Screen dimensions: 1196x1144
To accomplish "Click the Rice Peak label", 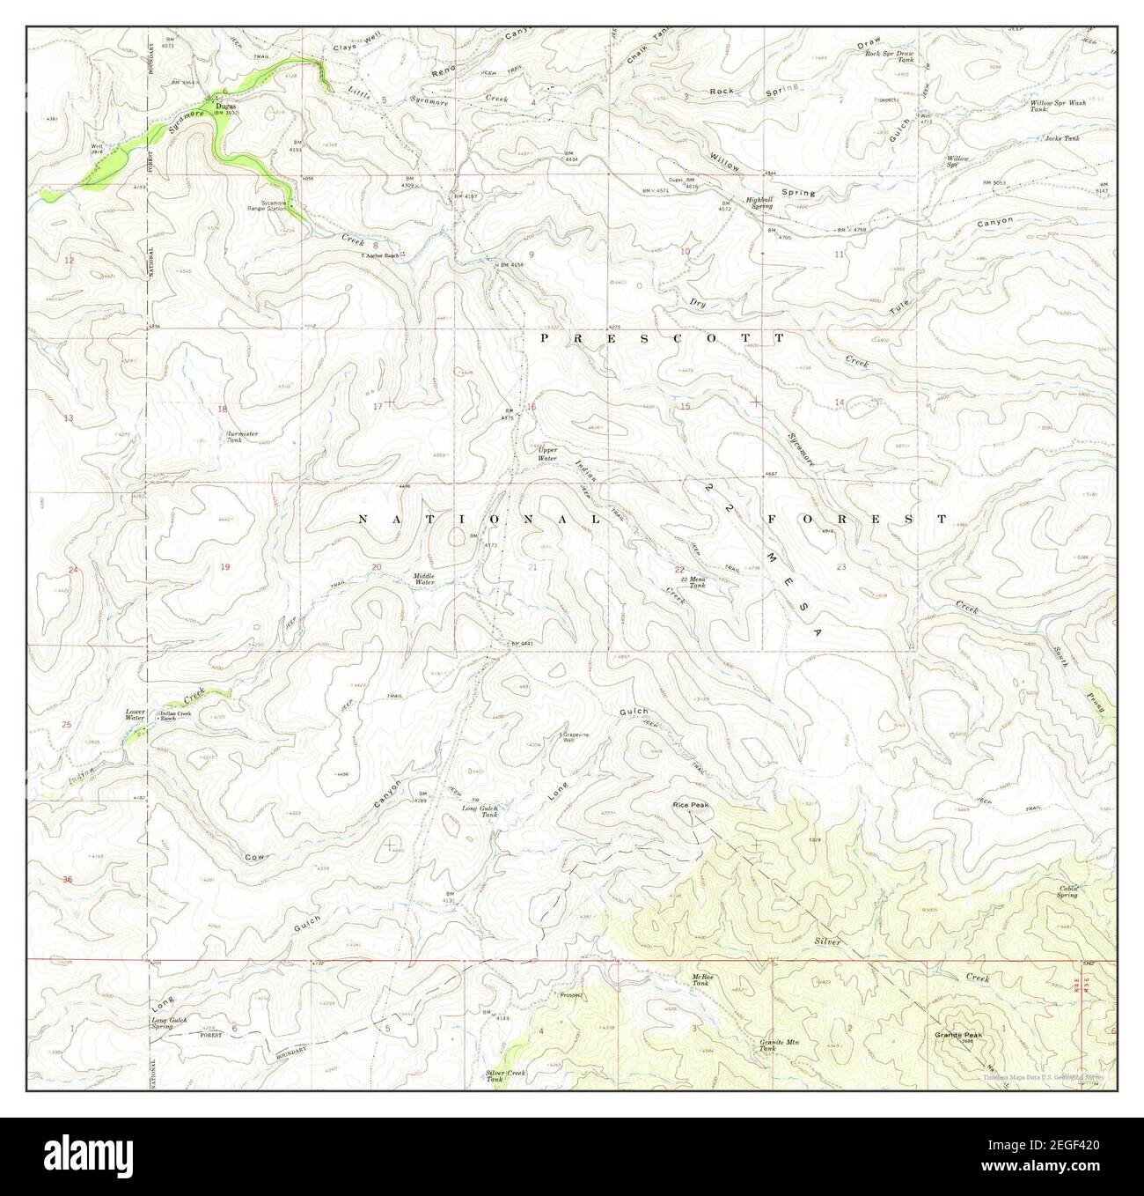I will point(691,804).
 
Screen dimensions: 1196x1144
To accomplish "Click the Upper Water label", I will point(547,454).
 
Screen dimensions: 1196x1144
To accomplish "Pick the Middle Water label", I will point(424,580).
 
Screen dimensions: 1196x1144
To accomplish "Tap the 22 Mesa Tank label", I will point(697,581).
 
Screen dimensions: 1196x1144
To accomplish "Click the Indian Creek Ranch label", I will point(181,715).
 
